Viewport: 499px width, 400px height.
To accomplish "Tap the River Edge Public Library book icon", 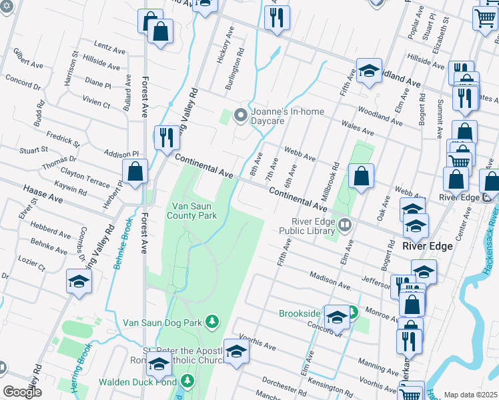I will [x=344, y=224].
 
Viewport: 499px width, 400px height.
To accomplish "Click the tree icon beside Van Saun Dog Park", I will [x=212, y=322].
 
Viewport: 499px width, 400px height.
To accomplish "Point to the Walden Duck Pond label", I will [x=137, y=382].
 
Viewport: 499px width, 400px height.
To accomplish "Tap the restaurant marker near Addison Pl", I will [x=165, y=138].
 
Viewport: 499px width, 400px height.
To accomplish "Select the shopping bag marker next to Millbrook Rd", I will [x=361, y=177].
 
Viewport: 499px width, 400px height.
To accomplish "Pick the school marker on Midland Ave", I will [x=368, y=71].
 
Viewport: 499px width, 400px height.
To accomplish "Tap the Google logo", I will [x=22, y=392].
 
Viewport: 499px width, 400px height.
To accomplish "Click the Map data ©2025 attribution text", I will [x=470, y=395].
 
